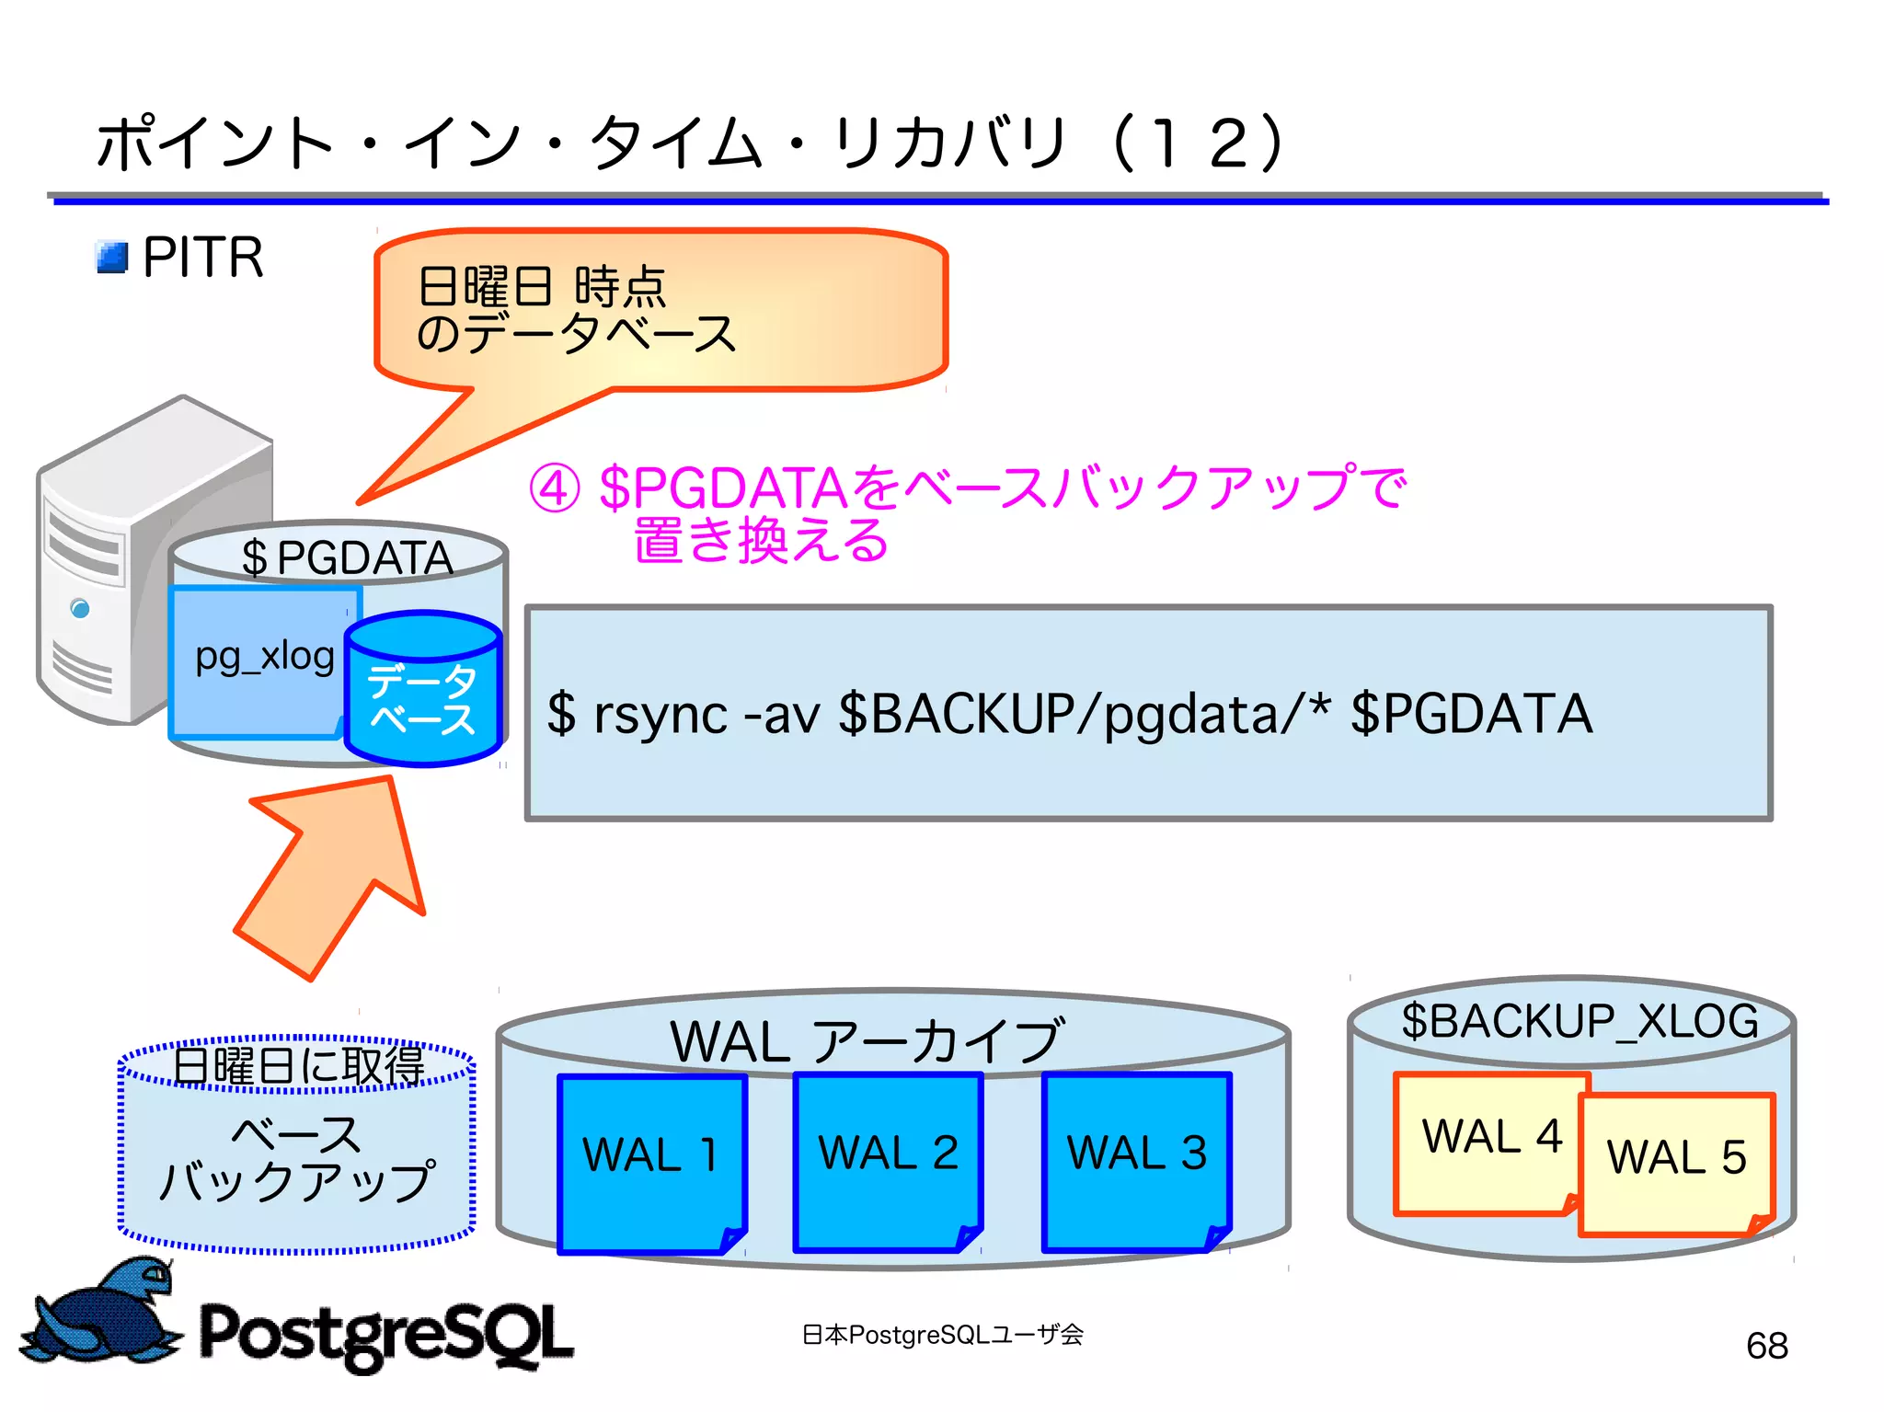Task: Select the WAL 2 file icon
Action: [x=888, y=1161]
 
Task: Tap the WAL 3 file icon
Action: [x=1136, y=1161]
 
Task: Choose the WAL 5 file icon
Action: [x=1677, y=1164]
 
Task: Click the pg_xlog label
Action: [x=264, y=657]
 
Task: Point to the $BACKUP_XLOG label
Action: [x=1579, y=1021]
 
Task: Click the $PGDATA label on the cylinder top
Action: [x=347, y=558]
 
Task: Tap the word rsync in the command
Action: [x=661, y=715]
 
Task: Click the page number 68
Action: [x=1766, y=1346]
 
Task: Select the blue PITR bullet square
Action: [x=112, y=258]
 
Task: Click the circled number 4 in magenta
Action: [x=554, y=488]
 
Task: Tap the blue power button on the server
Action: [x=80, y=608]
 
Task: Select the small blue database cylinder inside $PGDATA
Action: [x=422, y=690]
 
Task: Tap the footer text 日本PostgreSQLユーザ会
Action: [x=942, y=1334]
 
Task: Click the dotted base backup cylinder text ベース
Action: [x=296, y=1134]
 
